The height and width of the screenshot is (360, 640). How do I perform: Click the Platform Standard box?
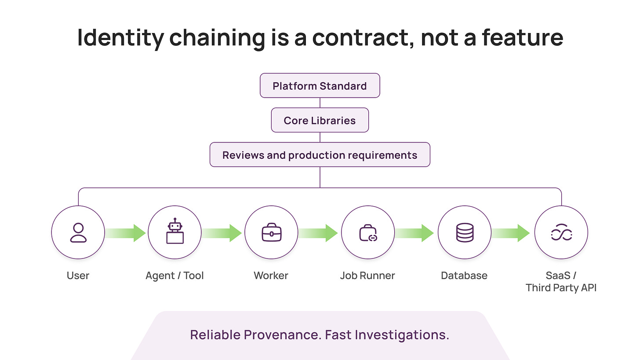[x=320, y=86]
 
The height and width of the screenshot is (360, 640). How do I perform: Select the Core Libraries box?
[x=320, y=120]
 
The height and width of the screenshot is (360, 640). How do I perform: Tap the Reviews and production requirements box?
[x=320, y=155]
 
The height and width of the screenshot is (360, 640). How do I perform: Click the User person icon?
[x=78, y=233]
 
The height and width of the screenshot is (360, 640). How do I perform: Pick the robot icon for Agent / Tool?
[x=175, y=232]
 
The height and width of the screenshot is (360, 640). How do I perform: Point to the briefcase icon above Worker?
[x=271, y=233]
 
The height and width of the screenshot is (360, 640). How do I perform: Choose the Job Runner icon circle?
[x=368, y=233]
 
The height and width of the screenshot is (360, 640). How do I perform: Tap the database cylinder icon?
[x=465, y=233]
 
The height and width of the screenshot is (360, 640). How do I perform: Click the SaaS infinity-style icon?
[x=561, y=233]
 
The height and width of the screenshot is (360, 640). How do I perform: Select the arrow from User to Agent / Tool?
[x=126, y=233]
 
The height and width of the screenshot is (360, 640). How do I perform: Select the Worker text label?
[x=271, y=276]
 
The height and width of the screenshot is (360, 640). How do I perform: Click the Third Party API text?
[x=561, y=288]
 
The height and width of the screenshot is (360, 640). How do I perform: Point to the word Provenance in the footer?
[x=281, y=335]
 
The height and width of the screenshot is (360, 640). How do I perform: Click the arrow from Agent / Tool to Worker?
[x=222, y=233]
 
